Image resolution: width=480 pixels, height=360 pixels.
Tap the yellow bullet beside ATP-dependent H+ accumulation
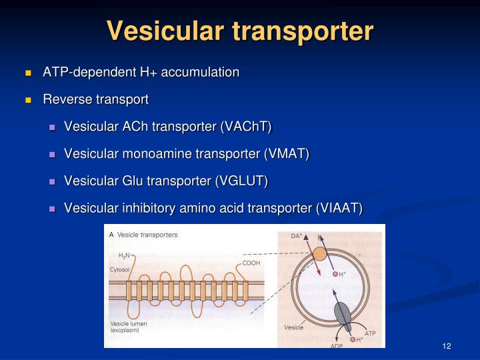pyautogui.click(x=29, y=73)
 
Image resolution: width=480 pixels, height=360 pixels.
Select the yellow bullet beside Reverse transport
pyautogui.click(x=29, y=100)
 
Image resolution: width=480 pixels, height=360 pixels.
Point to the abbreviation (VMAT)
pyautogui.click(x=287, y=154)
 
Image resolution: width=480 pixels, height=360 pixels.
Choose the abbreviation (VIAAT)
pyautogui.click(x=338, y=209)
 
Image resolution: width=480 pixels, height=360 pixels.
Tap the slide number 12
pyautogui.click(x=447, y=345)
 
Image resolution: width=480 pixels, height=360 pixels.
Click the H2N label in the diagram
pyautogui.click(x=124, y=255)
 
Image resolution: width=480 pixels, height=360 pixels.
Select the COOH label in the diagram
pyautogui.click(x=251, y=263)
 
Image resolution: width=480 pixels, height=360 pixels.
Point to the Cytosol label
pyautogui.click(x=120, y=270)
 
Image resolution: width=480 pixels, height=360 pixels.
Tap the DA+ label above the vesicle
pyautogui.click(x=297, y=235)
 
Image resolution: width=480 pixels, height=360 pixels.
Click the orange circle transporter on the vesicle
pyautogui.click(x=319, y=254)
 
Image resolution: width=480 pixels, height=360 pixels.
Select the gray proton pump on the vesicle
pyautogui.click(x=341, y=312)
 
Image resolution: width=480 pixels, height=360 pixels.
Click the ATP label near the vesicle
pyautogui.click(x=370, y=333)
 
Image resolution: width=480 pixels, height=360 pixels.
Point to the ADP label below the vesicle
pyautogui.click(x=337, y=346)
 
